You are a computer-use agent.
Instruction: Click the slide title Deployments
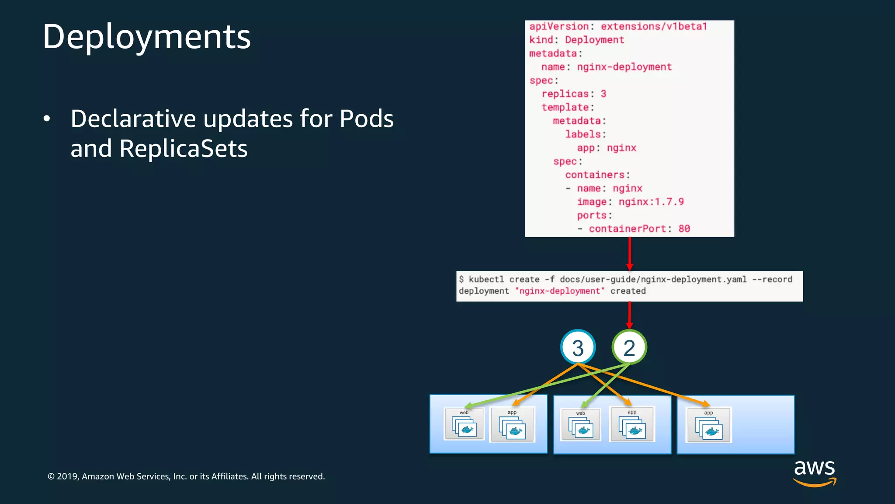146,37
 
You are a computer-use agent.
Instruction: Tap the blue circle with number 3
578,347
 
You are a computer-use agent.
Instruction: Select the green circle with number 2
629,347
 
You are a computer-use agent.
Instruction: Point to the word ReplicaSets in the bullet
183,149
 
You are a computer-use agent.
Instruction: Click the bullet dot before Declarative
47,119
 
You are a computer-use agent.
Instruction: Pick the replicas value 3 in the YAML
603,94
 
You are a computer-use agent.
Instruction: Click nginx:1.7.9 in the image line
651,202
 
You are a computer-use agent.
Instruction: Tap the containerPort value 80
684,229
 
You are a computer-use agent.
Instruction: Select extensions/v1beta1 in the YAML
654,27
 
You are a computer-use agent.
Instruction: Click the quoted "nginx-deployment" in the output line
559,291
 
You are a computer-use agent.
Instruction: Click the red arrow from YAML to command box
629,254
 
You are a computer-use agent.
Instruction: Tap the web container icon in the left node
464,425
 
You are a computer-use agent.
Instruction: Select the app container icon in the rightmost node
708,426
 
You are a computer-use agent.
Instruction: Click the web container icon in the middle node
581,426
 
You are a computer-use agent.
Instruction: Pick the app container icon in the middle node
632,425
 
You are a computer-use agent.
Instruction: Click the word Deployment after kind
594,40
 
